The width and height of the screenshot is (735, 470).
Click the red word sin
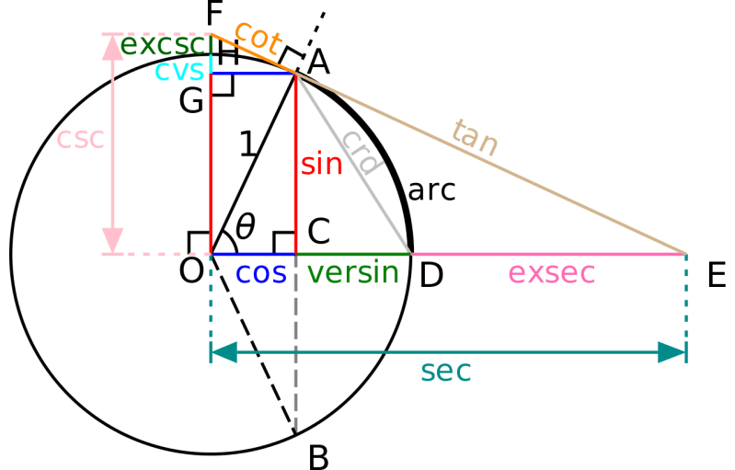coord(321,166)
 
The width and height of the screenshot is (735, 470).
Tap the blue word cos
coord(261,273)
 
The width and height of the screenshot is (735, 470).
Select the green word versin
coord(353,273)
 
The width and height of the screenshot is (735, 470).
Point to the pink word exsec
coord(552,273)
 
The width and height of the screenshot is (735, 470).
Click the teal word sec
coord(445,371)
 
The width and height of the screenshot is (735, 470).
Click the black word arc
coord(431,190)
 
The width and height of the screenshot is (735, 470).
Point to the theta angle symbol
coord(245,226)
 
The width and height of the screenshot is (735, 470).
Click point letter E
coord(718,274)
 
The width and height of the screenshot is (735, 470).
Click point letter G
coord(190,101)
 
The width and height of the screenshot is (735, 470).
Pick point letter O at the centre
coord(190,273)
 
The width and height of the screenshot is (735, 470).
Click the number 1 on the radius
coord(247,143)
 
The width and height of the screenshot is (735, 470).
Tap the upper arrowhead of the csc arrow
coord(112,46)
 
